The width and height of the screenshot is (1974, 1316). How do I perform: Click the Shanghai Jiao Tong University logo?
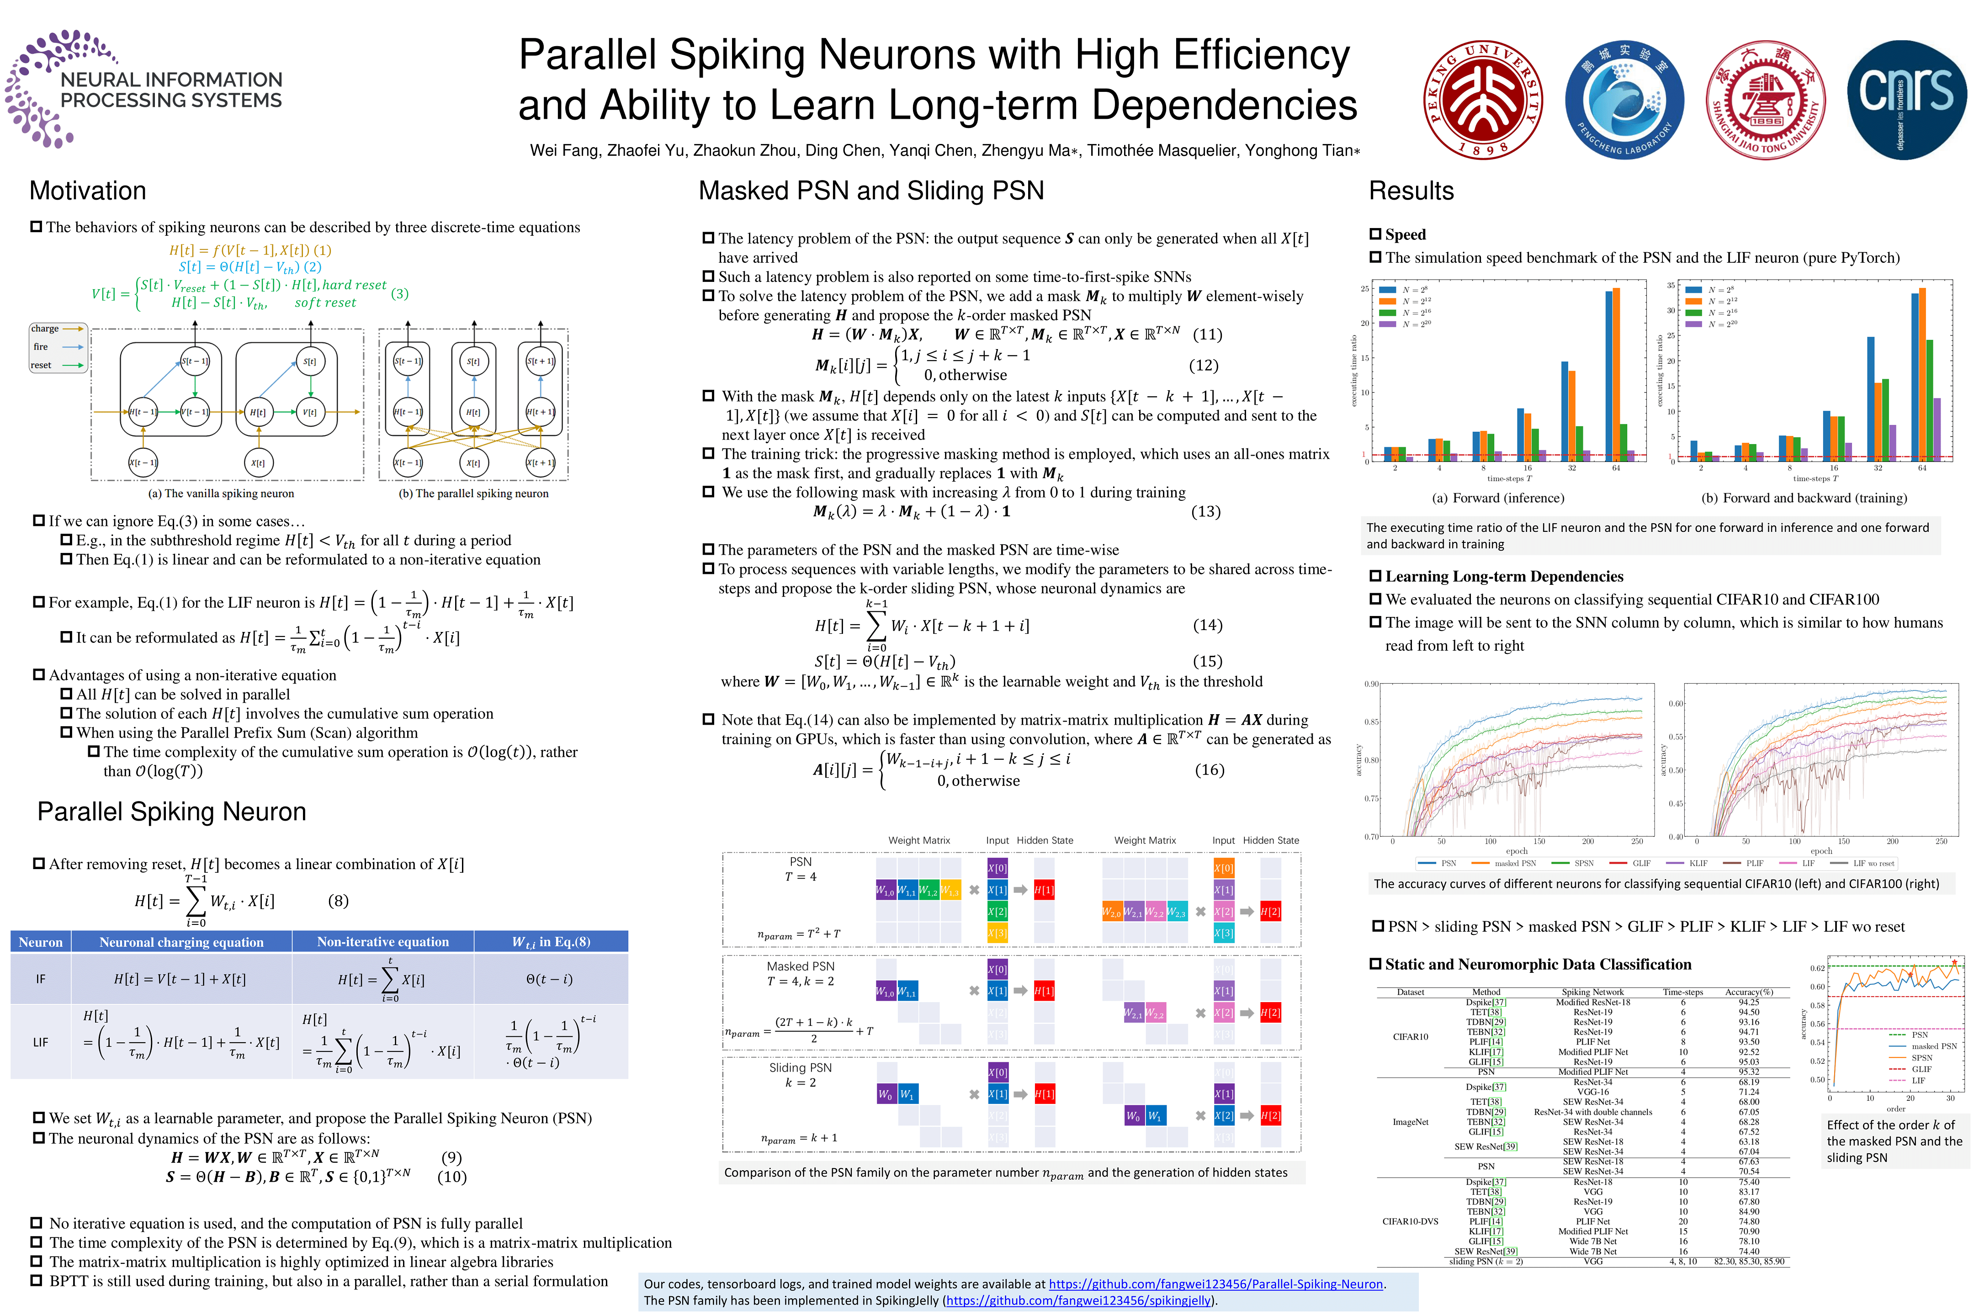click(x=1766, y=100)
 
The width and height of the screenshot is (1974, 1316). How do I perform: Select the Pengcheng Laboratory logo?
click(x=1625, y=100)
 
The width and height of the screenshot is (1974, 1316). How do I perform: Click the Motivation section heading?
click(x=88, y=191)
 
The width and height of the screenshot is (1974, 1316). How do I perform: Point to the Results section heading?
click(x=1411, y=191)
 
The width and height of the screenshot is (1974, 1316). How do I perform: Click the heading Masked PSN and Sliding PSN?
click(x=871, y=191)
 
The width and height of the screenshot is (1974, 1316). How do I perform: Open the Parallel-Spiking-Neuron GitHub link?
click(x=1215, y=1284)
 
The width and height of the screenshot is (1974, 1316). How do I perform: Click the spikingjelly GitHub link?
click(x=1077, y=1301)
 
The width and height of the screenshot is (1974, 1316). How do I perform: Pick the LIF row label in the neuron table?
click(x=40, y=1042)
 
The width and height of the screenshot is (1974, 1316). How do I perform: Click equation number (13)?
click(x=1206, y=512)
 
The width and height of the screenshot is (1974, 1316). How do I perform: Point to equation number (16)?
click(x=1210, y=770)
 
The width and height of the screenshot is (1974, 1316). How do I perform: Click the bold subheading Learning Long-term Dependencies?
click(x=1504, y=577)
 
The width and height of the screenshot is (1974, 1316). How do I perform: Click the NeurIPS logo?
click(x=144, y=89)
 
